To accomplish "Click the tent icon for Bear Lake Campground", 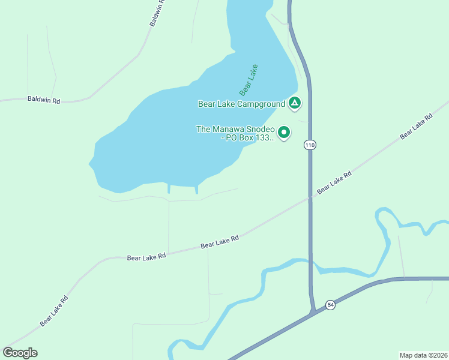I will pyautogui.click(x=294, y=103).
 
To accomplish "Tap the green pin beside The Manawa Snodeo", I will pyautogui.click(x=284, y=132).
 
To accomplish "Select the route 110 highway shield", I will pyautogui.click(x=310, y=145).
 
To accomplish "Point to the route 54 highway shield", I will pyautogui.click(x=330, y=305).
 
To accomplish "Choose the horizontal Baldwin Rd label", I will pyautogui.click(x=44, y=100).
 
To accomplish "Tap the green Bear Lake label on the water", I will pyautogui.click(x=249, y=80).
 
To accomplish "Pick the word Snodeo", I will pyautogui.click(x=259, y=129).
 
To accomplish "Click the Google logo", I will pyautogui.click(x=20, y=353).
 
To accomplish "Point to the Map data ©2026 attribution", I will pyautogui.click(x=423, y=355).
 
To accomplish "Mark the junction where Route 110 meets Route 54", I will pyautogui.click(x=313, y=313).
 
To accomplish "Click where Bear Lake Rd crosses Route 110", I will pyautogui.click(x=310, y=197).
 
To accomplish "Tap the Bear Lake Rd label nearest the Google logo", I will pyautogui.click(x=54, y=311).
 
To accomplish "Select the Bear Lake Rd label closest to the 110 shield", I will pyautogui.click(x=334, y=182).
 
